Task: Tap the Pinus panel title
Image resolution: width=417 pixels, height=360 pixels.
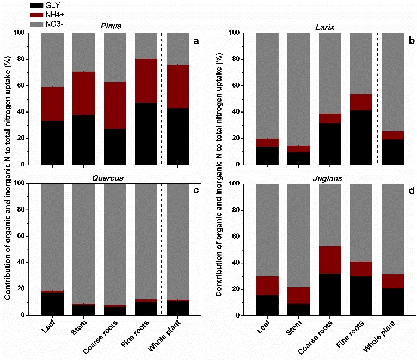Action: [x=110, y=27]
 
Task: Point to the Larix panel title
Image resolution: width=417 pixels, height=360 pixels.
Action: [x=324, y=27]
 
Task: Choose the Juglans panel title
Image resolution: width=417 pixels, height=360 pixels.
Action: [x=324, y=177]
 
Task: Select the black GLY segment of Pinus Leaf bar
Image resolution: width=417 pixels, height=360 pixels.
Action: [x=52, y=142]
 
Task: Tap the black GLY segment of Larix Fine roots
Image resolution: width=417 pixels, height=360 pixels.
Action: [x=361, y=137]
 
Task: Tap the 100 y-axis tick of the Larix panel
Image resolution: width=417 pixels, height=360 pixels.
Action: [x=239, y=33]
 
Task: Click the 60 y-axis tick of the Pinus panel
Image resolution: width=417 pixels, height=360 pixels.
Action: [x=26, y=85]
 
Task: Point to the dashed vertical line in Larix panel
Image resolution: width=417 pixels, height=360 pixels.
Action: [x=377, y=98]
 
